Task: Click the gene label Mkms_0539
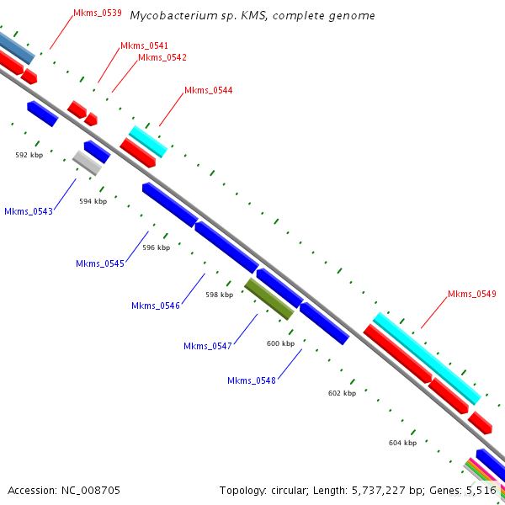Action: (98, 13)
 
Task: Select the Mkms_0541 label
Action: (144, 45)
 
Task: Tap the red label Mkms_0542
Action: (162, 57)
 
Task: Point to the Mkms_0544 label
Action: (209, 91)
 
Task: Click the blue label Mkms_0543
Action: (29, 211)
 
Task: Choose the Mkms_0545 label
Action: (100, 263)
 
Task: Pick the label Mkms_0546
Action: (156, 306)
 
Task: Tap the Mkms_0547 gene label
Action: (208, 346)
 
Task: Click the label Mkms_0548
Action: (252, 380)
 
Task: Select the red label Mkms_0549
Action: (472, 294)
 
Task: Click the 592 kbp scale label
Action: (29, 155)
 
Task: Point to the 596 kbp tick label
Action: (157, 247)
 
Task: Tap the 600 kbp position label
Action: (280, 343)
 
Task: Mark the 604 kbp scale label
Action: (402, 444)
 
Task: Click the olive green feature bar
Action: (269, 299)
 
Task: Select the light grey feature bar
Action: (87, 163)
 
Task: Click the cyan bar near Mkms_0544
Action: (148, 141)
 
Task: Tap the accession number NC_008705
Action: (91, 491)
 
